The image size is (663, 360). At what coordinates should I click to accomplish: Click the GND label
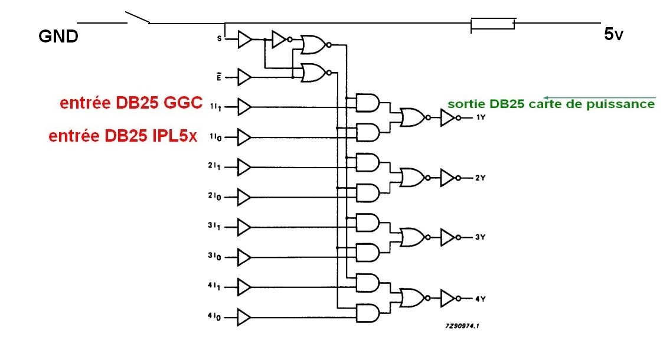click(58, 37)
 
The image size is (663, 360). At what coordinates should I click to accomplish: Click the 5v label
click(613, 34)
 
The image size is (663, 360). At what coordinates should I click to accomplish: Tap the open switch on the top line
click(138, 18)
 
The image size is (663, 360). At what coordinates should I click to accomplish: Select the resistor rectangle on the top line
click(493, 24)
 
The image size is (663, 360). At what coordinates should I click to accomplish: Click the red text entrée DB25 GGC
click(131, 103)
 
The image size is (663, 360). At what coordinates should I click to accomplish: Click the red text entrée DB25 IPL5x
click(123, 136)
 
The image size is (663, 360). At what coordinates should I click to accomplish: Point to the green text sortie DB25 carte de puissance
click(551, 104)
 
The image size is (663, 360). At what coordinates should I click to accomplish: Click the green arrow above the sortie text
click(599, 97)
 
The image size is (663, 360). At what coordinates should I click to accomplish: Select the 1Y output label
click(481, 118)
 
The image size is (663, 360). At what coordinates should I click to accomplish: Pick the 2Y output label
click(481, 178)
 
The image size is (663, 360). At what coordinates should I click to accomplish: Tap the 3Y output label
click(481, 237)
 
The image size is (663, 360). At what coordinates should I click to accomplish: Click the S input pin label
click(220, 39)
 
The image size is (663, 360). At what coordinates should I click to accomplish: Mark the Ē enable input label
click(220, 76)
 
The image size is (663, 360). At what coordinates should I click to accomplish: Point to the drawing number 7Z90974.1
click(462, 325)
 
